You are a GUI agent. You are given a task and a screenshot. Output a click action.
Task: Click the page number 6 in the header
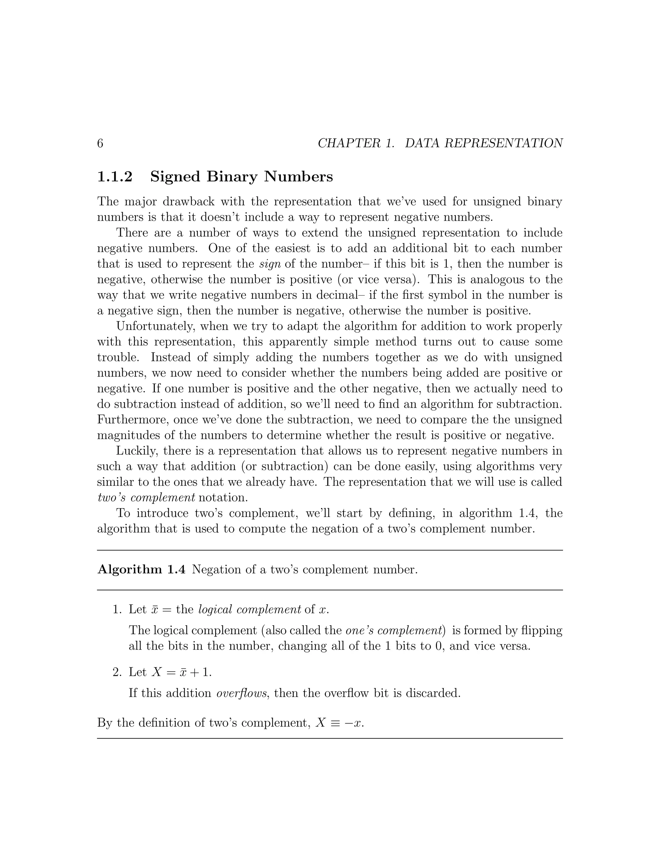100,143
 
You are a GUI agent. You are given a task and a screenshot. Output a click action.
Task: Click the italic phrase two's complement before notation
146,498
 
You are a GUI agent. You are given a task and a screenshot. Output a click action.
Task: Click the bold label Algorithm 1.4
141,570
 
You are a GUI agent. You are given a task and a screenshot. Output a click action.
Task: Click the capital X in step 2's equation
157,672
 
